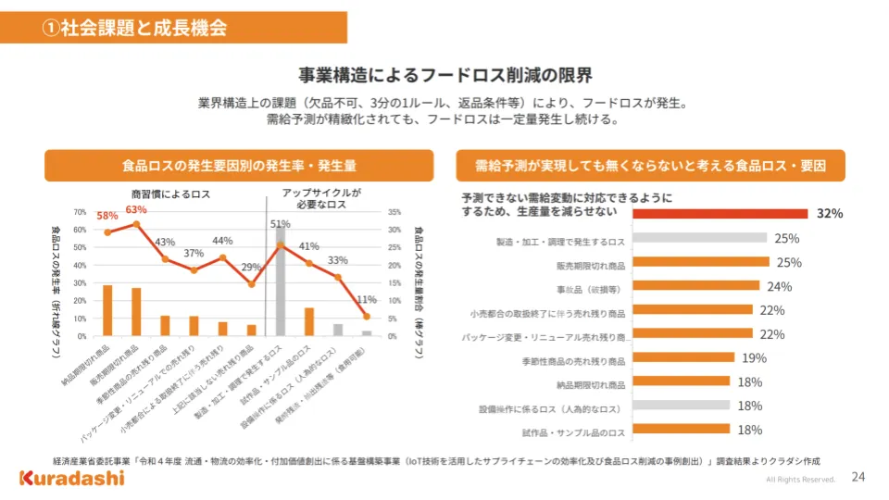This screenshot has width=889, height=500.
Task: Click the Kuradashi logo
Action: click(72, 477)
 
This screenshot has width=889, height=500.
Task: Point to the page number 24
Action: click(858, 477)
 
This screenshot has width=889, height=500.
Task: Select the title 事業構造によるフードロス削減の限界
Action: click(444, 74)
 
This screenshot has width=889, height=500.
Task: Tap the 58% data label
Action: click(107, 216)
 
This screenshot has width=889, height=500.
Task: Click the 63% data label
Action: click(136, 209)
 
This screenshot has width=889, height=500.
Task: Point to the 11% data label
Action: click(367, 300)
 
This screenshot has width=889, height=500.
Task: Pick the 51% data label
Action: click(280, 224)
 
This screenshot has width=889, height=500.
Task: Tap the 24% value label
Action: click(779, 286)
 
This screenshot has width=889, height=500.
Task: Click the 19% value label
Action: click(753, 358)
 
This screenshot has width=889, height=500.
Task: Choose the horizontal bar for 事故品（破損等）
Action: click(695, 286)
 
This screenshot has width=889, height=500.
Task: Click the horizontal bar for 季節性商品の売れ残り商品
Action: click(683, 358)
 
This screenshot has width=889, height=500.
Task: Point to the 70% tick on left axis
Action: click(81, 212)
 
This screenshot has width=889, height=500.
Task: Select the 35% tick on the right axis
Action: click(393, 212)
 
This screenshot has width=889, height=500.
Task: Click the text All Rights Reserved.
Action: click(800, 480)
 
